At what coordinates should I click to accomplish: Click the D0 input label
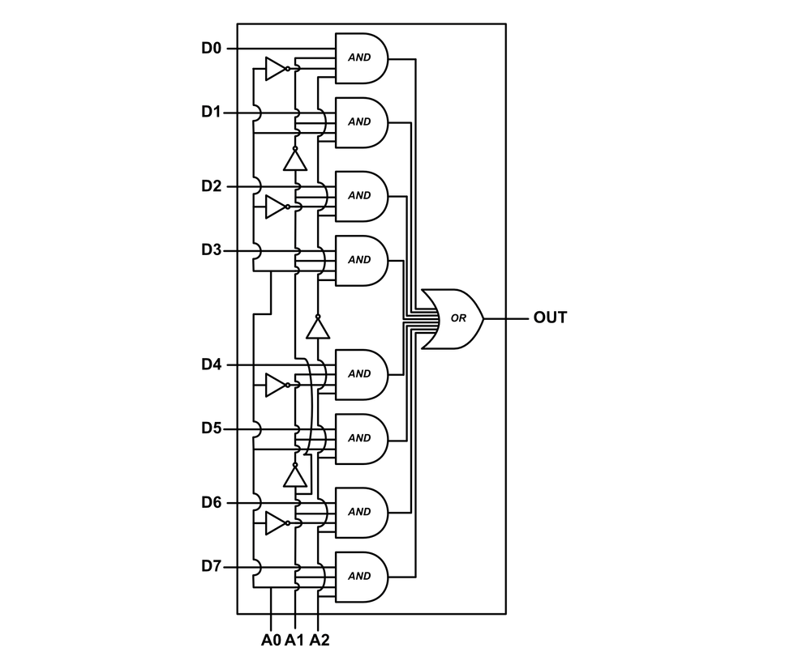point(212,49)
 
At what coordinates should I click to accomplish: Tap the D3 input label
point(212,250)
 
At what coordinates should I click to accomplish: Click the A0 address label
point(271,641)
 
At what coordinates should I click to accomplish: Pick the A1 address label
point(294,641)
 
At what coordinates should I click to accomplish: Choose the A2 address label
point(320,641)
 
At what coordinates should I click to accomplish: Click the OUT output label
point(550,317)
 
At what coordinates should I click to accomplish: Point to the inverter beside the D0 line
point(277,69)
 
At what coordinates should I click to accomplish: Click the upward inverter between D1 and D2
point(295,160)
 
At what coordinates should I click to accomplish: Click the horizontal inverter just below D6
point(277,523)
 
